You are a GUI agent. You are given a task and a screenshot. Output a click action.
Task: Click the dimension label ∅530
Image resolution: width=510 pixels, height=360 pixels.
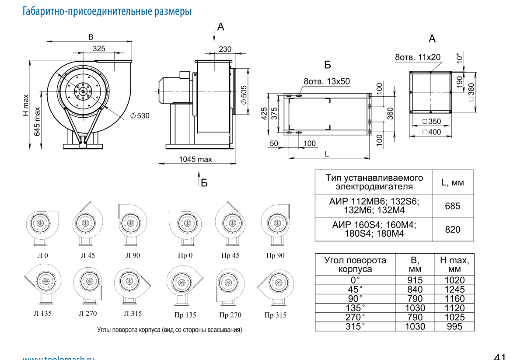140,116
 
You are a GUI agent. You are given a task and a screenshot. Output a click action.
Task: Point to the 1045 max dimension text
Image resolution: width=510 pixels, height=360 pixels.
196,159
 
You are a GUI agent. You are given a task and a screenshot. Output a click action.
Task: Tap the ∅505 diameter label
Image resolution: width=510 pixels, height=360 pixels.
244,94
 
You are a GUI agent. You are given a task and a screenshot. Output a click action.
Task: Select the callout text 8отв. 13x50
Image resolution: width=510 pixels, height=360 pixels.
327,81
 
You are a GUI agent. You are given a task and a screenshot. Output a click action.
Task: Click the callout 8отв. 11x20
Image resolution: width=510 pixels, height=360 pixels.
418,58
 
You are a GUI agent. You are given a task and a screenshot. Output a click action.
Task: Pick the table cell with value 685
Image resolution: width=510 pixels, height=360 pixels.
452,206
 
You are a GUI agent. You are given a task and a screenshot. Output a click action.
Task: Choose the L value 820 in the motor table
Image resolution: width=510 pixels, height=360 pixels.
452,230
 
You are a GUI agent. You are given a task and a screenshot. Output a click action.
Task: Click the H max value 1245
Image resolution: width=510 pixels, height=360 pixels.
454,290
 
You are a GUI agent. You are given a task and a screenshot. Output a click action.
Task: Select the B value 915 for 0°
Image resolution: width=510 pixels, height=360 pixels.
415,280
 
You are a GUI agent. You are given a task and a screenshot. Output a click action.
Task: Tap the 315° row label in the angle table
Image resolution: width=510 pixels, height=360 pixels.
355,326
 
